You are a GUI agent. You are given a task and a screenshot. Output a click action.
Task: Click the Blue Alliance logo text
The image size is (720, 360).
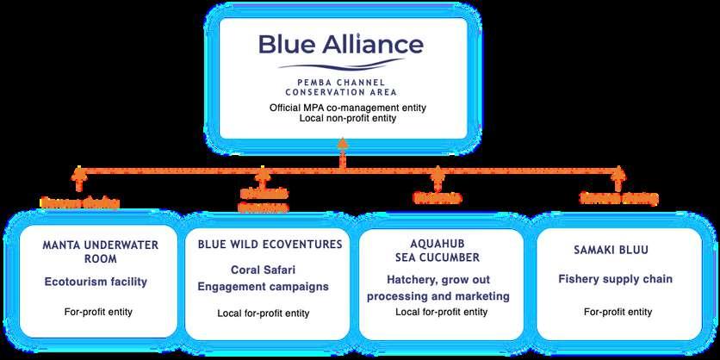coord(343,44)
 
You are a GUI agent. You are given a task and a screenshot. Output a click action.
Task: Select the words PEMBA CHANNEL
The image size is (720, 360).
coord(343,82)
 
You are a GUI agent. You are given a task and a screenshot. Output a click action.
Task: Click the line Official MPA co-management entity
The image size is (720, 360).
coord(343,107)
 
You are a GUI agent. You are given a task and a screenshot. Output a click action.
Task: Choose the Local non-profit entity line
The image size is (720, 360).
coord(343,118)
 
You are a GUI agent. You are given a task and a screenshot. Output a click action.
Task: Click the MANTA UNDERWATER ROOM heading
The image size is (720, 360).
coord(101,251)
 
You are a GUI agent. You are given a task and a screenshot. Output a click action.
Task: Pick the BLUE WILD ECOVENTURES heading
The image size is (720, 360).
coord(270,245)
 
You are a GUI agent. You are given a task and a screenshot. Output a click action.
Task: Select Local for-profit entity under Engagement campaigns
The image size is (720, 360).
coord(264,312)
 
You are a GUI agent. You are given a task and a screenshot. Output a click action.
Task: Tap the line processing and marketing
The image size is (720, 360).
coord(439,296)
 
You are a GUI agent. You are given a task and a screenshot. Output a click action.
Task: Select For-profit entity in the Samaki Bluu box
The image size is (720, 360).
coord(618,311)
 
